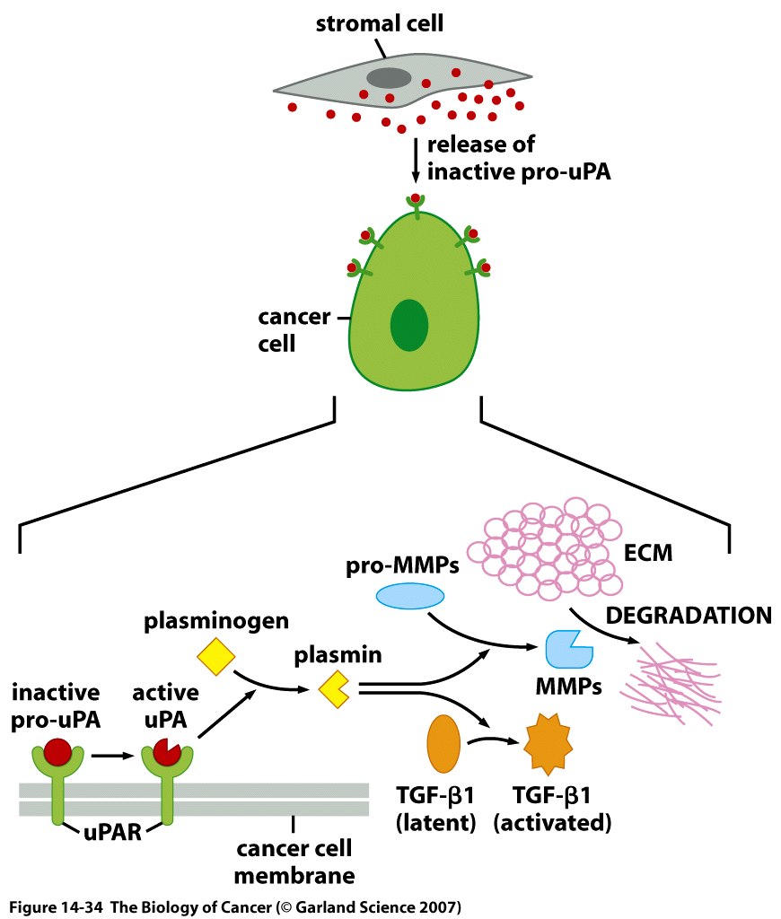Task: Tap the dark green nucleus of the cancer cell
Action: pos(409,326)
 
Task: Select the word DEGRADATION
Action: pos(689,616)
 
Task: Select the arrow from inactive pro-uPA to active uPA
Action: pos(110,755)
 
